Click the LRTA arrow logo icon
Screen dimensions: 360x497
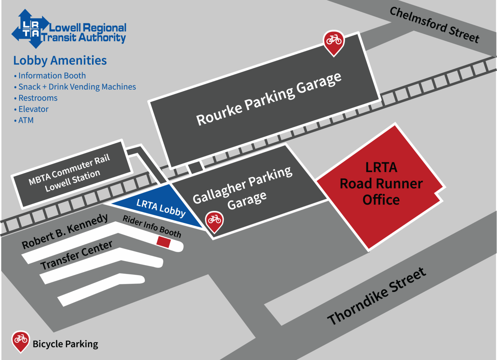30,29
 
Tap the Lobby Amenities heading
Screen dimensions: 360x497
60,61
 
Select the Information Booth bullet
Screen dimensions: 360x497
52,76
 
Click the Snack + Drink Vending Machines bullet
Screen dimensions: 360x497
77,87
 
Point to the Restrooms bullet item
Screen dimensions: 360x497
38,98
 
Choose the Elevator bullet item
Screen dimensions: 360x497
33,109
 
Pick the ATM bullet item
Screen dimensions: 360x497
26,120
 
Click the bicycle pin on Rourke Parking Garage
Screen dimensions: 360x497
334,41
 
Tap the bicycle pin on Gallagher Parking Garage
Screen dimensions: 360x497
214,221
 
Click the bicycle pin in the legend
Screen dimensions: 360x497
21,340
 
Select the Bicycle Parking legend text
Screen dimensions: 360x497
65,344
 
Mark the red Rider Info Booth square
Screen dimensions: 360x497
164,242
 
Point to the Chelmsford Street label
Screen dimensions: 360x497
434,25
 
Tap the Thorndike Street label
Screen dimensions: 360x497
377,297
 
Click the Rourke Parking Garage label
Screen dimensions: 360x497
269,99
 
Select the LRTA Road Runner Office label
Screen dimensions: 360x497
381,184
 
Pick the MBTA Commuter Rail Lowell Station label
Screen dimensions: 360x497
70,173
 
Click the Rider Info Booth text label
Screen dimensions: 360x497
152,226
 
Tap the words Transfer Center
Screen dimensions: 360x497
76,255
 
